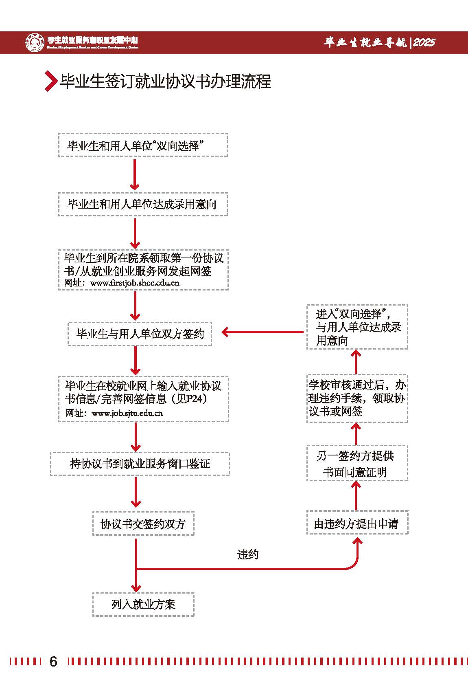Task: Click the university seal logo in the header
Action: [x=35, y=42]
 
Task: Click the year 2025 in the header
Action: [x=424, y=42]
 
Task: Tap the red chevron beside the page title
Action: [x=50, y=81]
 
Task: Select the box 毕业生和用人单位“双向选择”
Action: [x=143, y=145]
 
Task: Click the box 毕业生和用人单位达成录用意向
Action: [x=143, y=204]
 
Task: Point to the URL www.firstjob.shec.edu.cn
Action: [x=135, y=283]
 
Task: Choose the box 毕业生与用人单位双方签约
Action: [x=140, y=334]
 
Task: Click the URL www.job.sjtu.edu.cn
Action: [x=127, y=413]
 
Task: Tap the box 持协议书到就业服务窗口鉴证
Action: [x=140, y=464]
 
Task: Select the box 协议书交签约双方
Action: [x=143, y=524]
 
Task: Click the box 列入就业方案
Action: [x=143, y=604]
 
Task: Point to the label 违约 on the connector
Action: [x=247, y=554]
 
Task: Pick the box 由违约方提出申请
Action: [x=357, y=524]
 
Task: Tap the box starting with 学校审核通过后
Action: [x=357, y=398]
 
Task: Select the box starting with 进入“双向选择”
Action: [x=357, y=327]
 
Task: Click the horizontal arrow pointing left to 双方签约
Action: [x=262, y=332]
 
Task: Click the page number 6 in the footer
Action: [x=53, y=661]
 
